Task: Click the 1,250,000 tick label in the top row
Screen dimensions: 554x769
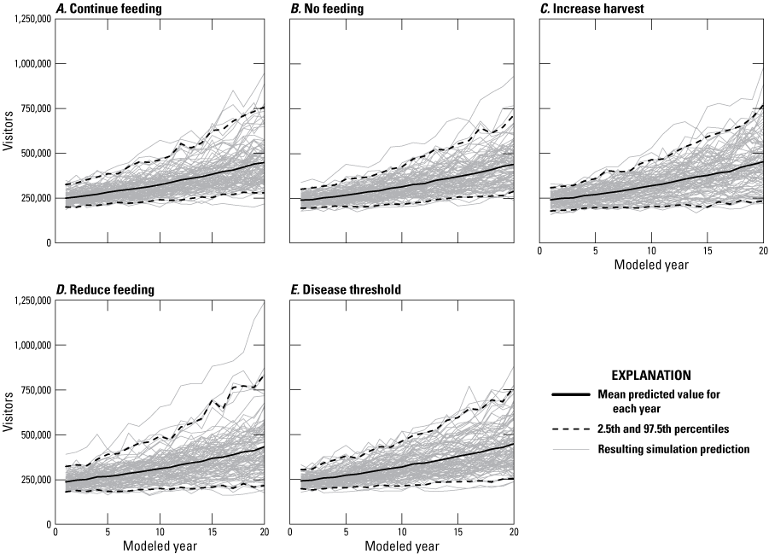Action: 26,19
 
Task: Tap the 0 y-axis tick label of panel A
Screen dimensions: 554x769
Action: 46,242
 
